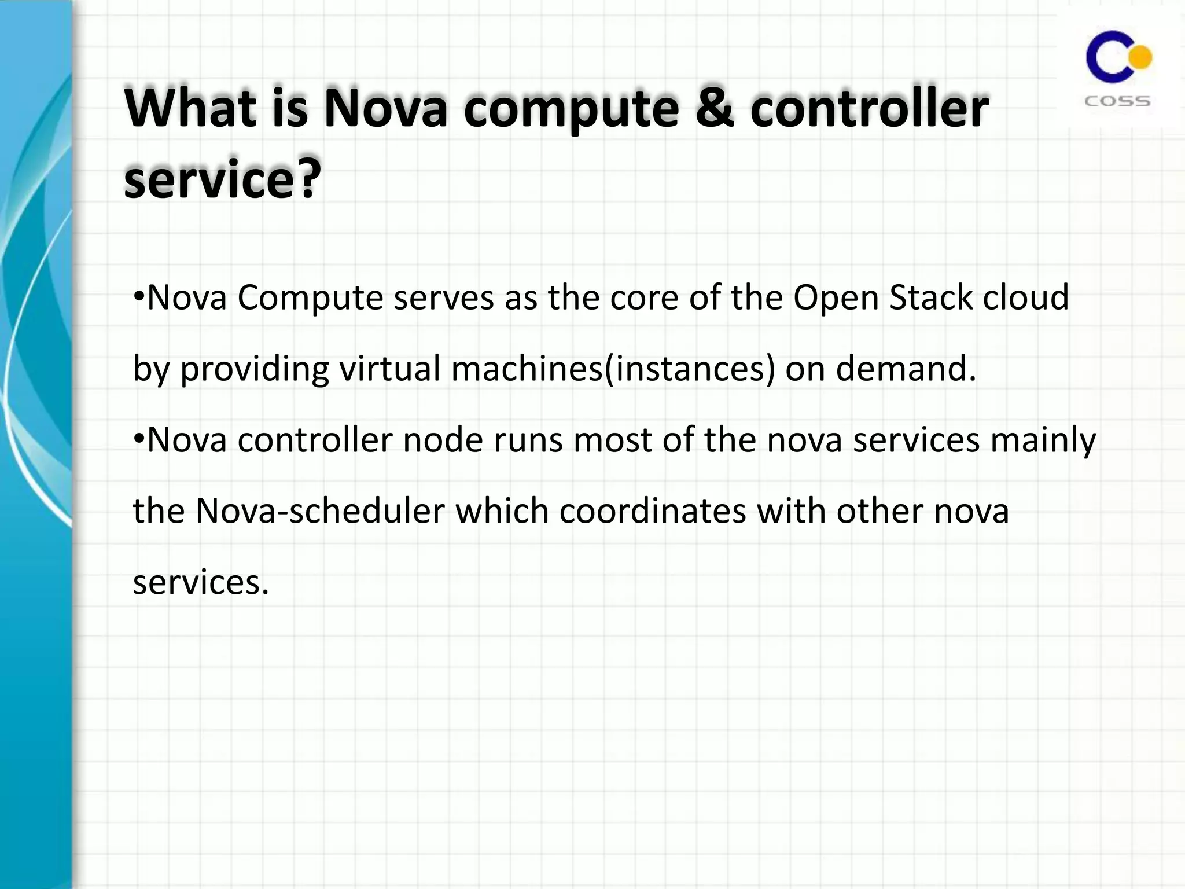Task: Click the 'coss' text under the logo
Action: pyautogui.click(x=1117, y=102)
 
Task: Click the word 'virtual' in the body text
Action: pyautogui.click(x=390, y=369)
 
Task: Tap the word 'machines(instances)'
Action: pyautogui.click(x=613, y=369)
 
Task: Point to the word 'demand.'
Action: pyautogui.click(x=906, y=369)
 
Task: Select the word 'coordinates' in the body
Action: pyautogui.click(x=653, y=512)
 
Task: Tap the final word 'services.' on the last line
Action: pyautogui.click(x=201, y=583)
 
